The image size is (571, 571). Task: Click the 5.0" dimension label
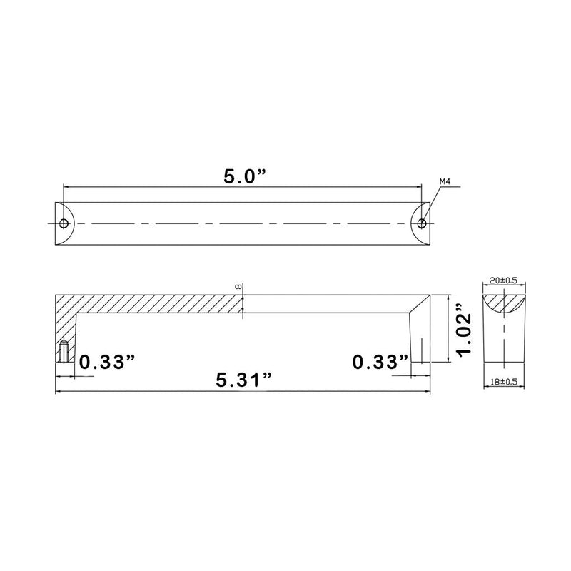(x=242, y=176)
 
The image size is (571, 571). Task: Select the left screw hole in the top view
(x=64, y=223)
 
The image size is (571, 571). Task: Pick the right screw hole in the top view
(x=422, y=223)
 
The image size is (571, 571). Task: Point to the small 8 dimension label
(x=238, y=286)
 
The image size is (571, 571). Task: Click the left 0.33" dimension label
(x=107, y=363)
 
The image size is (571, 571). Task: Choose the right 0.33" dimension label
(x=380, y=363)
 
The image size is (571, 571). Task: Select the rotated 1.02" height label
(x=465, y=330)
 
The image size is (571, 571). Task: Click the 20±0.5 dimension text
(x=505, y=281)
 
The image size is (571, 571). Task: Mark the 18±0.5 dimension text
(x=505, y=382)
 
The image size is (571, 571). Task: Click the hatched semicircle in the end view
(x=505, y=301)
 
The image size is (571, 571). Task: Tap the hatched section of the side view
(x=143, y=303)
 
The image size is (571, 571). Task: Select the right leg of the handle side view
(x=421, y=335)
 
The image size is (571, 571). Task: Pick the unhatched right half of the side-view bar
(x=328, y=303)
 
